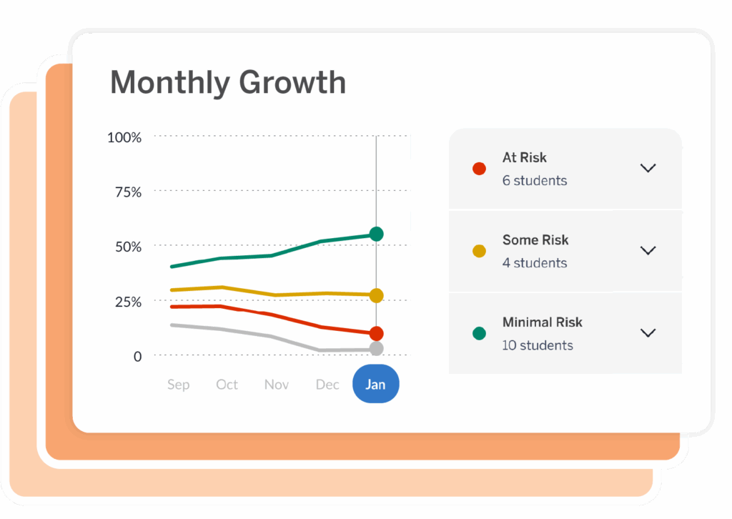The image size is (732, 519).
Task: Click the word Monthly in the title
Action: point(170,83)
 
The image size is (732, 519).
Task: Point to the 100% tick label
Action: point(124,137)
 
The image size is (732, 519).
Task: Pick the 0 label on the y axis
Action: point(137,356)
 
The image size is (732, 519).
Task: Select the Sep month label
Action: point(178,385)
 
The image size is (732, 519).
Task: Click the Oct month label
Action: point(227,385)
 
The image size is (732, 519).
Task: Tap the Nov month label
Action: point(277,385)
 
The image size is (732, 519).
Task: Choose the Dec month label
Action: point(327,385)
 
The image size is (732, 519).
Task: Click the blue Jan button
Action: point(376,385)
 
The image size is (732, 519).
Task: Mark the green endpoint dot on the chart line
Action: point(377,234)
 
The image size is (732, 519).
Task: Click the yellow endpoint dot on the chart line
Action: point(377,295)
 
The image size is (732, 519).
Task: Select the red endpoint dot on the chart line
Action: point(377,333)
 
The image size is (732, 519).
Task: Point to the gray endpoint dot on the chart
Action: point(377,349)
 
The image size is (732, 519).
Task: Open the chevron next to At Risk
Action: point(648,168)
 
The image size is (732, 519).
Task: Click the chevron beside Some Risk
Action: point(648,250)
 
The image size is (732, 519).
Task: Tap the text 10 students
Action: point(538,345)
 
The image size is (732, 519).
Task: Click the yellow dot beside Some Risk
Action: point(479,251)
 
